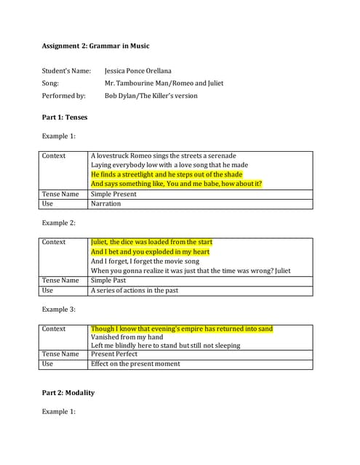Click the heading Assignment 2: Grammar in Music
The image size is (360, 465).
pos(95,46)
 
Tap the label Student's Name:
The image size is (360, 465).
pos(66,71)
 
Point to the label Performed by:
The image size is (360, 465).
pos(63,95)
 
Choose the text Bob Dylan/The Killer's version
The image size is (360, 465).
pos(151,95)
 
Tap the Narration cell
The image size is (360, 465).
pos(106,203)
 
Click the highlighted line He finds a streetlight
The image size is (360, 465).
pos(167,174)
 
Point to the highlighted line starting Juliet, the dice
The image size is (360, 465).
pos(151,242)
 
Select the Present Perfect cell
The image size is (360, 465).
pos(114,354)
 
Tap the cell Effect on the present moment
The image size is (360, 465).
pos(135,363)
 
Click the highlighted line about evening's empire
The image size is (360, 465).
pos(182,329)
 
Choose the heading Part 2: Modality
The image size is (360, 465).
pos(68,393)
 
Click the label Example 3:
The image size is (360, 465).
pos(59,310)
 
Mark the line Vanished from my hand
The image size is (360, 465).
pos(127,337)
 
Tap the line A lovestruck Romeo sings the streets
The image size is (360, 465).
pos(164,155)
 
